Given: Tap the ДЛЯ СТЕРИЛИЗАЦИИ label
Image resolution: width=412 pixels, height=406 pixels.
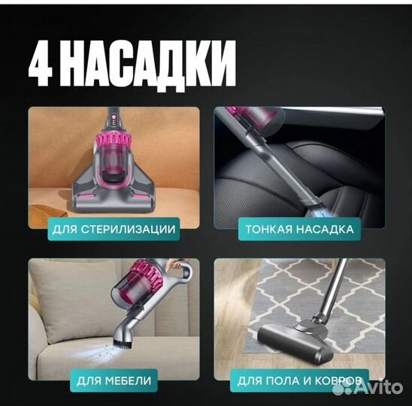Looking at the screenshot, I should pyautogui.click(x=114, y=229).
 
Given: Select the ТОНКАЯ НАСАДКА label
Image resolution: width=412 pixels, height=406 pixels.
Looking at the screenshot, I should pyautogui.click(x=299, y=229).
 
